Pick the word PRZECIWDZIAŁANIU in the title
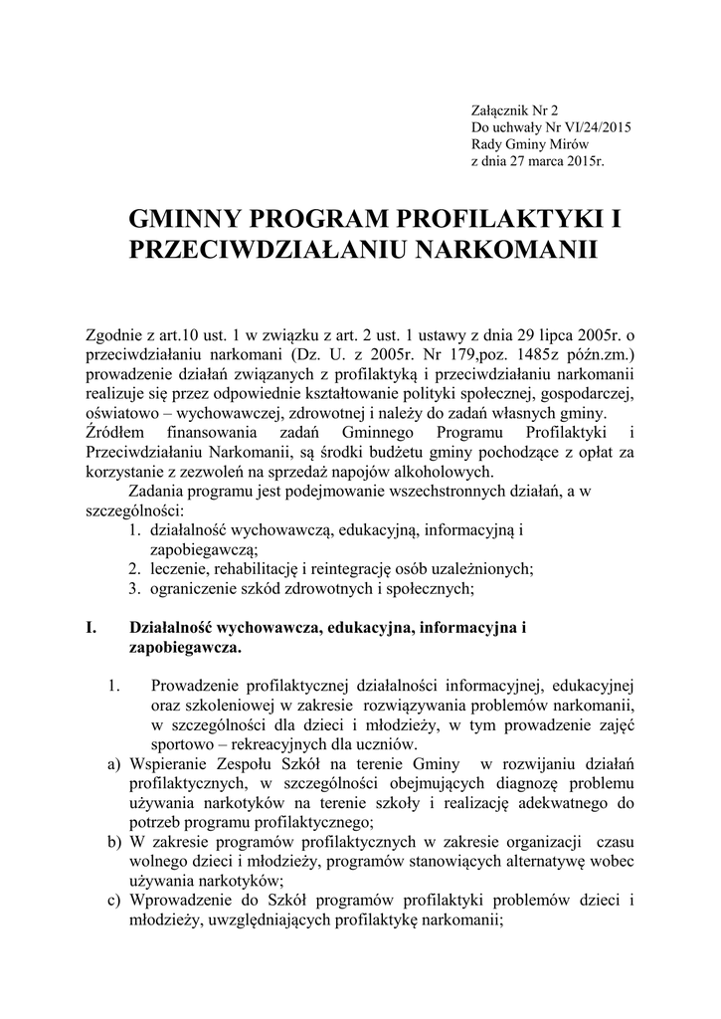(x=262, y=249)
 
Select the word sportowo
(x=183, y=743)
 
